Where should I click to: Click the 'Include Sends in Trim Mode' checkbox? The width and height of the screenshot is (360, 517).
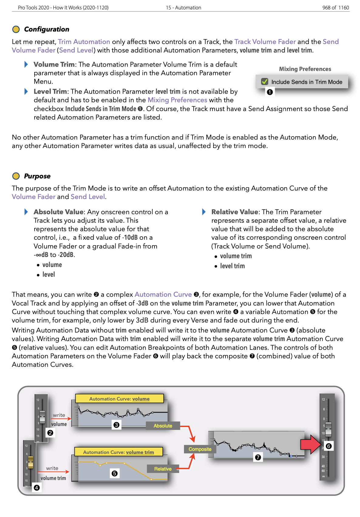(265, 82)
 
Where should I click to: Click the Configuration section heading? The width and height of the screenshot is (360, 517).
(46, 29)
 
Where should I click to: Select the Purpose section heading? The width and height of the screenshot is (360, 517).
(37, 176)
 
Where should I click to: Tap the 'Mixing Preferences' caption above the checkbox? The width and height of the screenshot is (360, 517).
(305, 69)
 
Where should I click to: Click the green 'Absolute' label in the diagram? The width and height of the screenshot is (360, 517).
(163, 426)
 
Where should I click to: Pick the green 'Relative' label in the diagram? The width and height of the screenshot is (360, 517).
(163, 469)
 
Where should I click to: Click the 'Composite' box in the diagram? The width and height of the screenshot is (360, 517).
(200, 449)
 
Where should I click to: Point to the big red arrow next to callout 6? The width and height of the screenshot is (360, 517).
(310, 444)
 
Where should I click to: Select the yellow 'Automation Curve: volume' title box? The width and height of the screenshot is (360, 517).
(119, 399)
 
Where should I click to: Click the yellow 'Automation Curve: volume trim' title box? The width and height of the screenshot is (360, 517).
(118, 452)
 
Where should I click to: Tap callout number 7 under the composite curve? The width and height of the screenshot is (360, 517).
(258, 457)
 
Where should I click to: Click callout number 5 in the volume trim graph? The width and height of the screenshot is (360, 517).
(114, 473)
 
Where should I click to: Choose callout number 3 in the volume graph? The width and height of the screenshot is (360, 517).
(116, 425)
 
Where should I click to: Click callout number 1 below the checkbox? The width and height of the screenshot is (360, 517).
(270, 92)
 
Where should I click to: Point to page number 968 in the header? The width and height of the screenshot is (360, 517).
(326, 8)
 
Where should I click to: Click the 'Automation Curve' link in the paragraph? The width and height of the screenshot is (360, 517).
(163, 295)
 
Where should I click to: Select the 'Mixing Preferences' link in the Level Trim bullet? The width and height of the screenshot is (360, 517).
(177, 100)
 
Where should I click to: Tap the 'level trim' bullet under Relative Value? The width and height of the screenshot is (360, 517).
(232, 266)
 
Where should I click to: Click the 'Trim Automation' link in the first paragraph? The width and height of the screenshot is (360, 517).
(84, 42)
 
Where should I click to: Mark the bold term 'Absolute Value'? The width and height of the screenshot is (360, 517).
(58, 212)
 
